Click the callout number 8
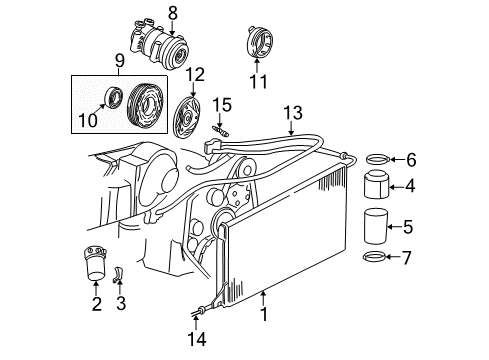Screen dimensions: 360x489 pos(173,12)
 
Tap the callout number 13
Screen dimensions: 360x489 pos(291,111)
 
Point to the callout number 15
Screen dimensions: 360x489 pos(226,104)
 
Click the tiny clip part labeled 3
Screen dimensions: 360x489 pos(118,273)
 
